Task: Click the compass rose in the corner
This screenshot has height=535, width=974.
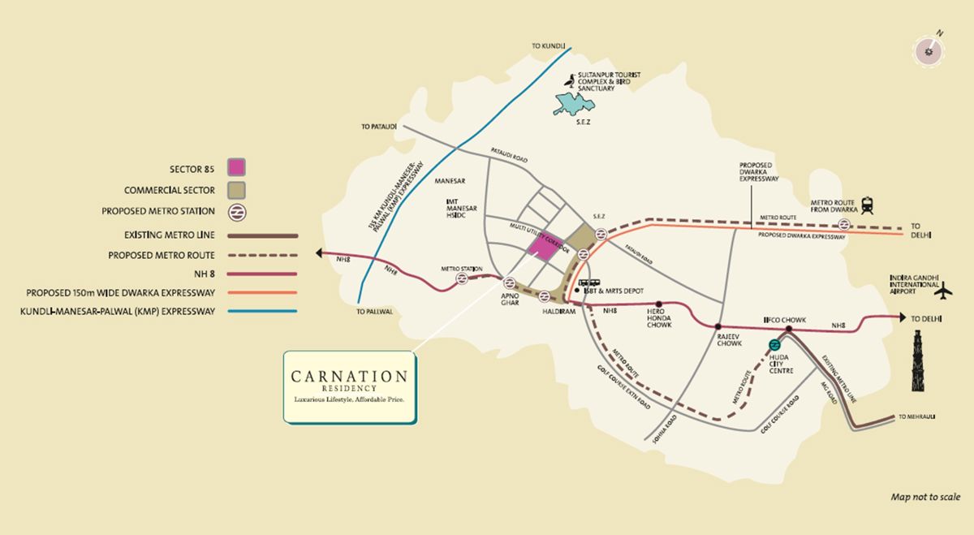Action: coord(929,50)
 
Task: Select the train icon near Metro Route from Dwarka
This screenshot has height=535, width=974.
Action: coord(867,205)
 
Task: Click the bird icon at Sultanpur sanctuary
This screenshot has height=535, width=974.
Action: coord(571,82)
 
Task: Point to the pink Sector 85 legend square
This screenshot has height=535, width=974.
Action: coord(236,168)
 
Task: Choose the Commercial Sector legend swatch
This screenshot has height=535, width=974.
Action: coord(236,190)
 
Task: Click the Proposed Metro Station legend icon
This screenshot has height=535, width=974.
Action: coord(236,211)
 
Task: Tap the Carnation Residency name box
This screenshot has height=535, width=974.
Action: coord(350,386)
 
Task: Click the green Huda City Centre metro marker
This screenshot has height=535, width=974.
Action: coord(774,345)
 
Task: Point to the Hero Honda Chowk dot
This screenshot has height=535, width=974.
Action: coord(658,304)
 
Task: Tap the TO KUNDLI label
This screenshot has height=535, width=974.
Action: coord(547,47)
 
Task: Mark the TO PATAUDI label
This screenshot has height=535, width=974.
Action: coord(379,127)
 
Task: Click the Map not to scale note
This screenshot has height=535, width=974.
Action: coord(925,497)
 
